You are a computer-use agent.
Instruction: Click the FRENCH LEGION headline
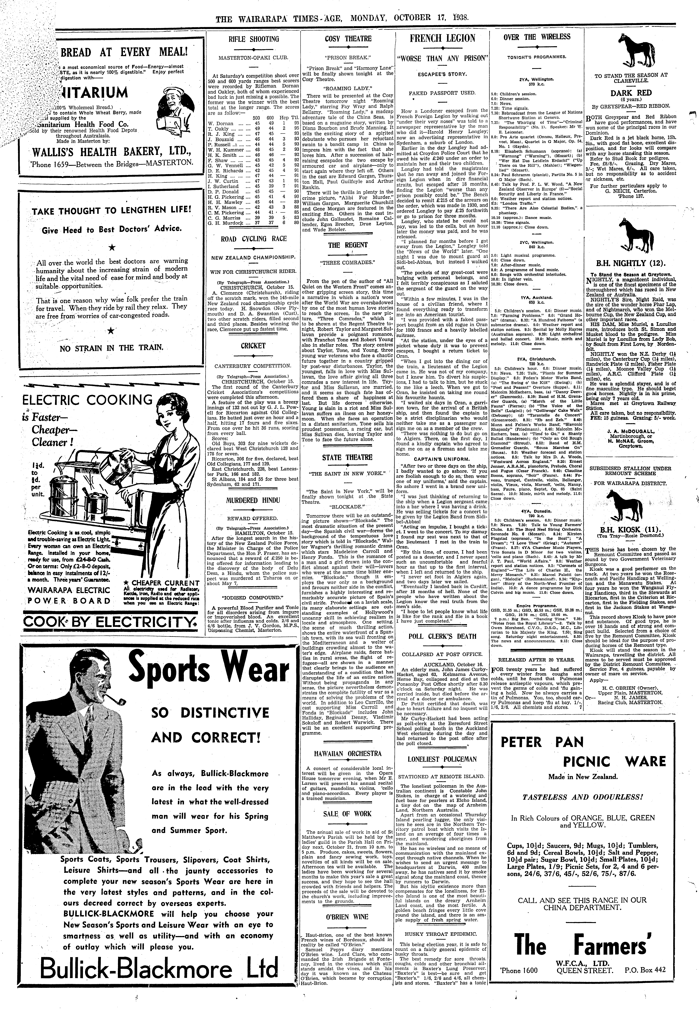point(442,39)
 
